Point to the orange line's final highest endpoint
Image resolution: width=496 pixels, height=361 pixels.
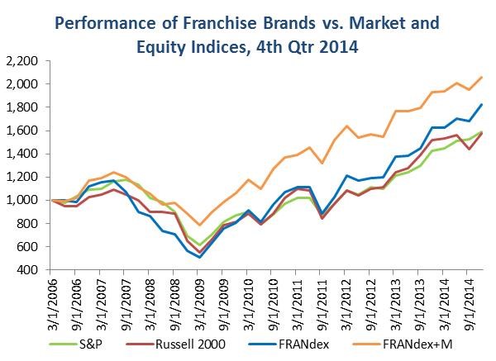click(482, 77)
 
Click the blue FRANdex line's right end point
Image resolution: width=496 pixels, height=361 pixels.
click(482, 104)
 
